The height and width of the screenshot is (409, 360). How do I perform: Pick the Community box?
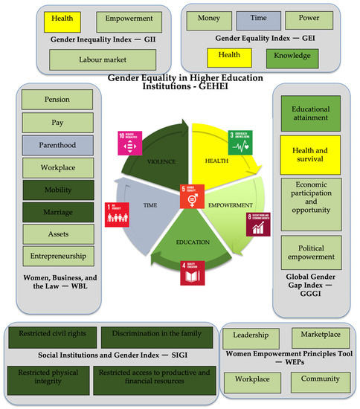tap(319, 379)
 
